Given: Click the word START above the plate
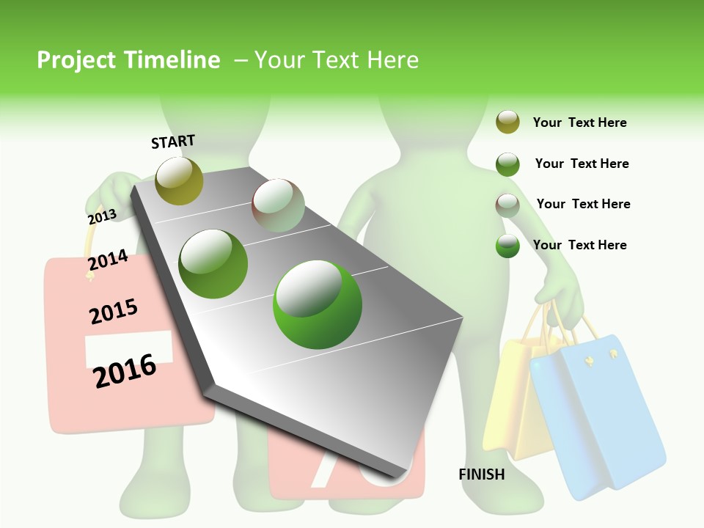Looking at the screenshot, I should (x=173, y=142).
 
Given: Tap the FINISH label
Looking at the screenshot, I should (x=481, y=474).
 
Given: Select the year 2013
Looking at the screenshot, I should (x=102, y=216).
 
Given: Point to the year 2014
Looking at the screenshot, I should (x=108, y=260).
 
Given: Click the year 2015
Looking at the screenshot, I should (x=114, y=312).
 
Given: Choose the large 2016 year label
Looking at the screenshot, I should (x=125, y=370).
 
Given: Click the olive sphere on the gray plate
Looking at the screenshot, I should (x=179, y=180).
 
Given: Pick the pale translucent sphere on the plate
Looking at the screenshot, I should (x=278, y=205).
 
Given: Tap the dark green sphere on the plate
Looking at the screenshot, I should (x=213, y=263).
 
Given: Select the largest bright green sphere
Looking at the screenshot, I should (x=318, y=304).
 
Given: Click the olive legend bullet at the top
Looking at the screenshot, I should (x=507, y=122).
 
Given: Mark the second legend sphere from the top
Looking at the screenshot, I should (x=507, y=164).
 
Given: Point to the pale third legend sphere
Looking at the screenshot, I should (x=507, y=205).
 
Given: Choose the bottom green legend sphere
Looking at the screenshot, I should (x=507, y=246).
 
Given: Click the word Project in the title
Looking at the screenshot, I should (x=77, y=60).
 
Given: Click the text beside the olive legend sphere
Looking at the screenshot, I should (x=579, y=122).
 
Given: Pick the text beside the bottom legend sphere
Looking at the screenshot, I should (x=579, y=245).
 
